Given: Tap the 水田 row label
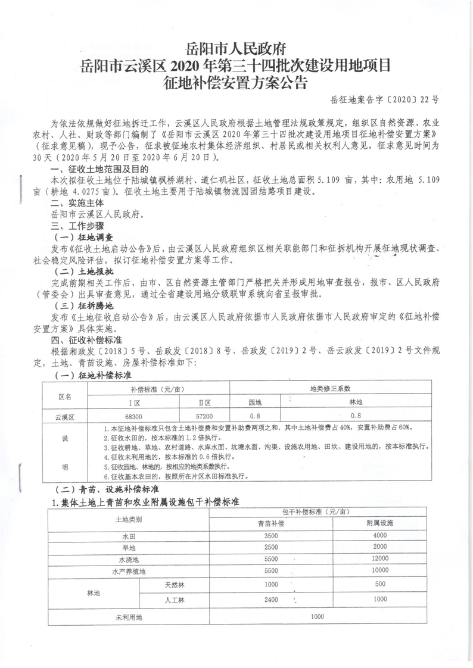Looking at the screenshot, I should tap(128, 535).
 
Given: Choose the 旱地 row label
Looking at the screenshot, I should tap(128, 548).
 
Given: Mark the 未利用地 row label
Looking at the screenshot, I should tap(128, 617).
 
